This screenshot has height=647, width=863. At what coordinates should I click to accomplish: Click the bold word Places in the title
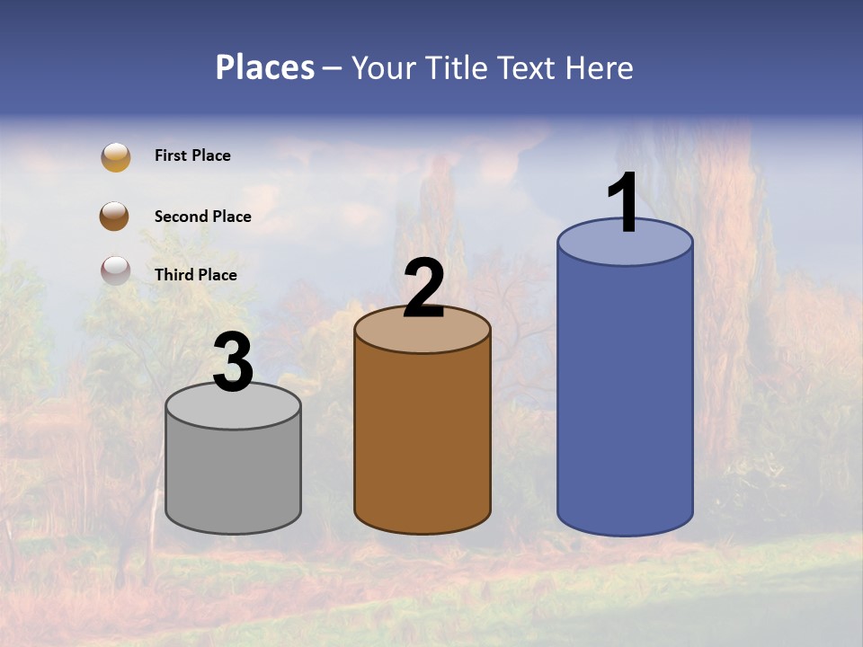point(264,67)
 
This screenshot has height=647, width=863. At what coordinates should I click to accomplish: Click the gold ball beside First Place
point(115,156)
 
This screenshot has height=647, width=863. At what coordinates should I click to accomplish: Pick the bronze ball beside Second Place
point(115,217)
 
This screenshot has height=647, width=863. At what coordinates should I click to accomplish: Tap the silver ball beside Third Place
point(115,270)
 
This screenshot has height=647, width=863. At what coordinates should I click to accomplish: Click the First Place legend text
point(192,155)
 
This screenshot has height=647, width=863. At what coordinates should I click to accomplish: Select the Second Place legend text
point(202,217)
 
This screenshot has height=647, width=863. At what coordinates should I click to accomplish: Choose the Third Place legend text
point(195,275)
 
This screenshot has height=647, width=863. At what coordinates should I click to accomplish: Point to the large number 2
point(423,288)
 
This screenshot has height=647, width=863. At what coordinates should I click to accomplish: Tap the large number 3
point(233,362)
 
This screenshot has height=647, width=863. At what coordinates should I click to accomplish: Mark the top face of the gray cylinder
point(233,410)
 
